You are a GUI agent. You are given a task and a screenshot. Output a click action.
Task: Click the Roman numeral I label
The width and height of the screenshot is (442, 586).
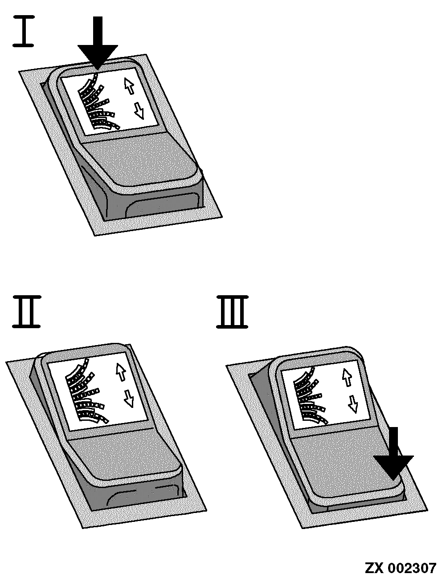coord(24,31)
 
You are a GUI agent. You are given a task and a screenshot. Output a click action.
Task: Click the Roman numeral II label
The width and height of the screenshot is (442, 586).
coord(27,311)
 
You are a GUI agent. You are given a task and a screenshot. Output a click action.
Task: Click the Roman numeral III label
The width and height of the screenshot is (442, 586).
coord(232,312)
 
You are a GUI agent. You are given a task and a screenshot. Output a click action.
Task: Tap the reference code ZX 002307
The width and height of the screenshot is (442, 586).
coord(400,568)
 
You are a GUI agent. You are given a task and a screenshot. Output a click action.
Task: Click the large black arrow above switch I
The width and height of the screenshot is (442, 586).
coord(98,43)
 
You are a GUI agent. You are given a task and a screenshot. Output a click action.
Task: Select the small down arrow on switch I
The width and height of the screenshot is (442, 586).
coord(139,111)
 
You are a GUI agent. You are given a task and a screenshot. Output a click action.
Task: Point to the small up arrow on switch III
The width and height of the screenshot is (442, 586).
coord(347,377)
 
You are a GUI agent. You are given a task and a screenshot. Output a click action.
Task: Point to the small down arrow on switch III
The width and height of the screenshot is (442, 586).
coord(353,404)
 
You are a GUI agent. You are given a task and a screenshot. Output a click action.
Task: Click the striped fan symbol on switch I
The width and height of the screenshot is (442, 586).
coord(98,102)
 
